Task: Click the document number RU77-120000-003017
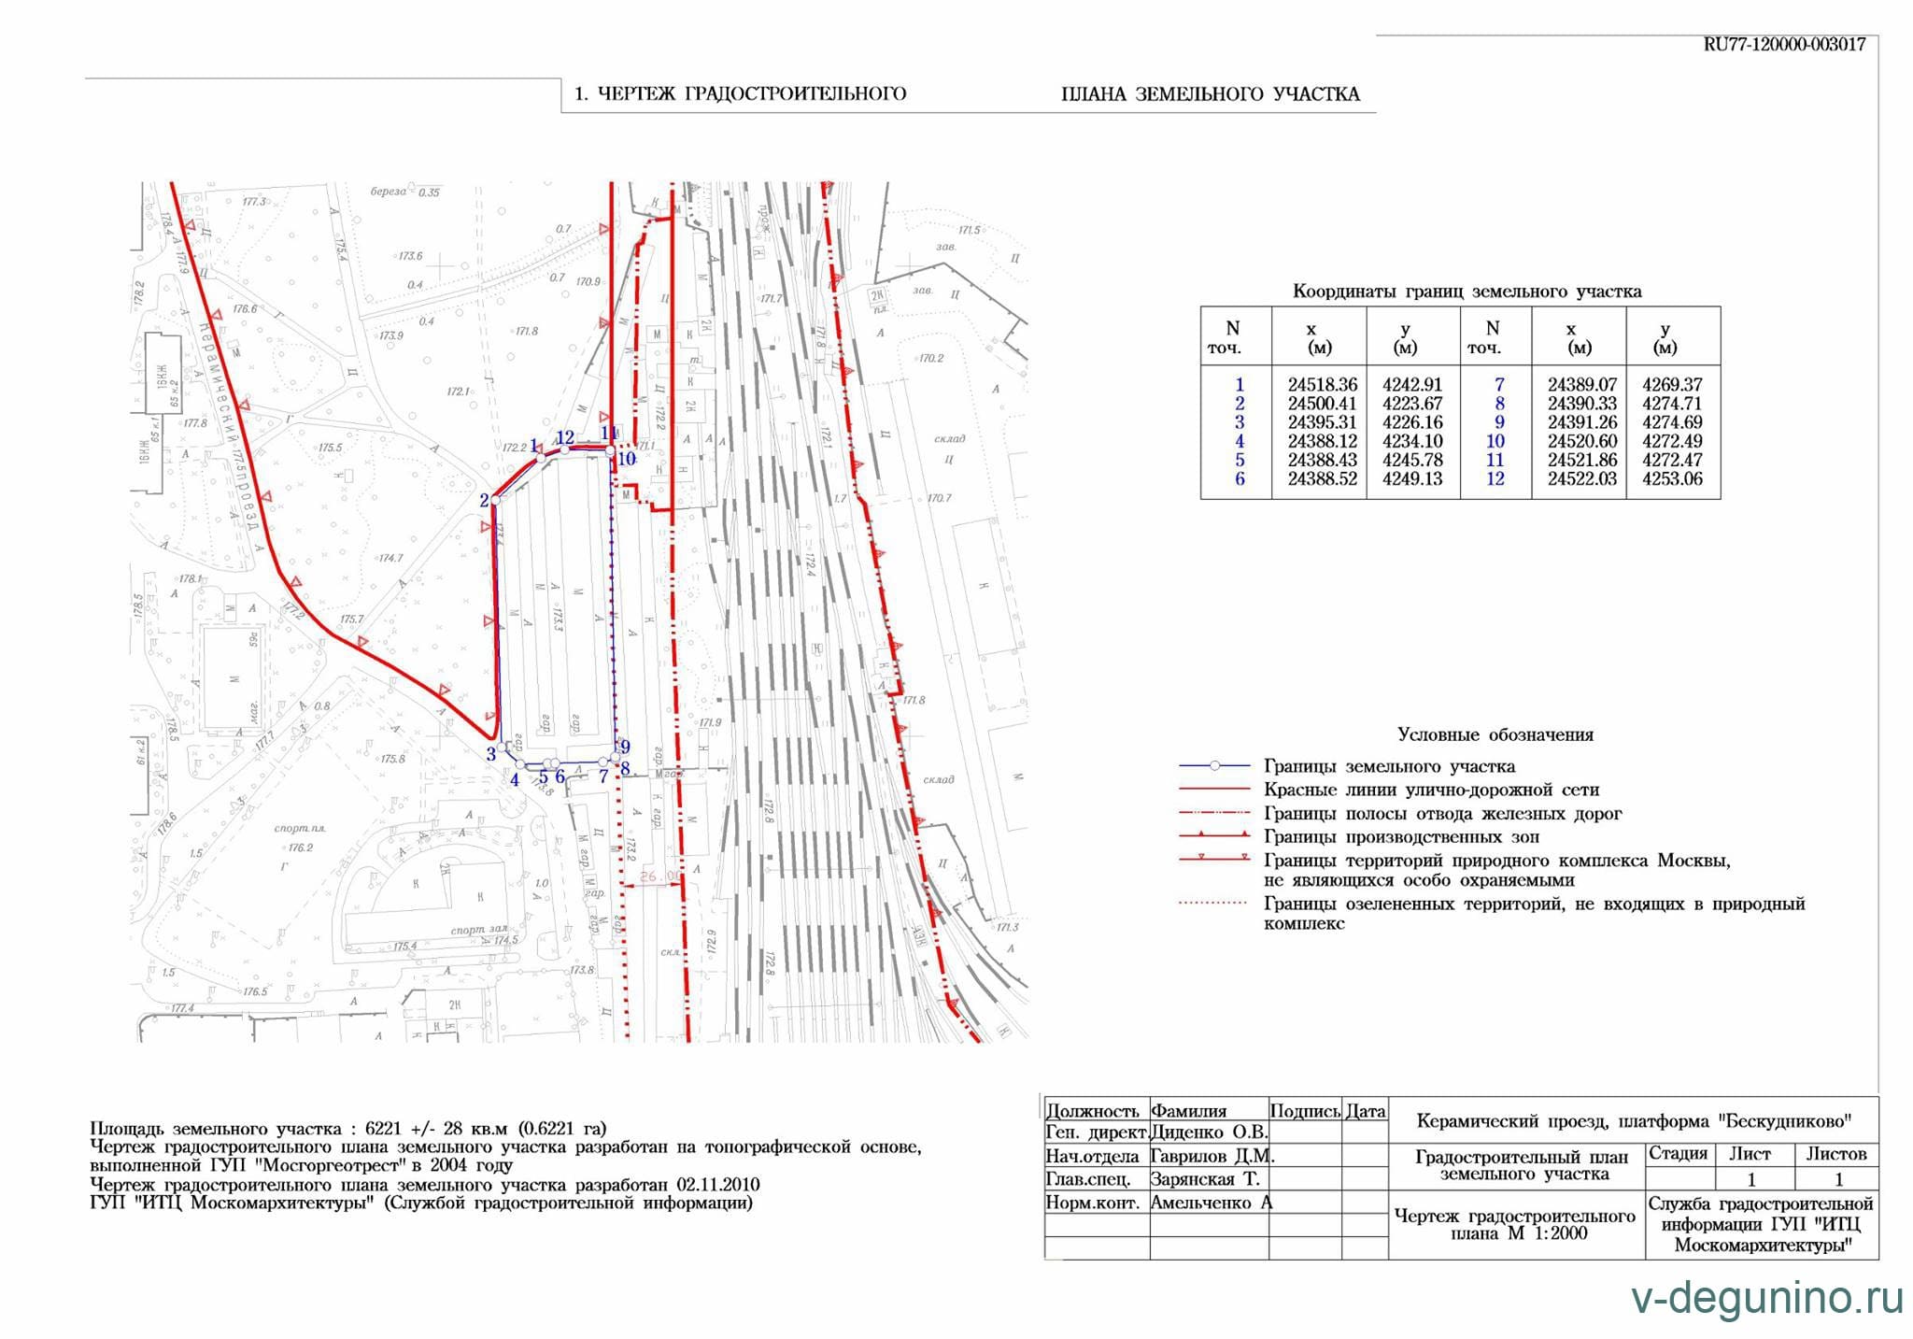coord(1784,45)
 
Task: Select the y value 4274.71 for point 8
coord(1672,404)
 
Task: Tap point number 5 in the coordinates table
coord(1240,461)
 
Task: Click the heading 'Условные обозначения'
coord(1495,734)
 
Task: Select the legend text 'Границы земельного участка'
coord(1389,766)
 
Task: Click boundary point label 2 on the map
coord(484,501)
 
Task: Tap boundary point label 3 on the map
coord(490,754)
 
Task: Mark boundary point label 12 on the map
coord(565,437)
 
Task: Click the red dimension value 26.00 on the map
coord(659,876)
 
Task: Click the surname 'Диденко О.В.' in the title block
coord(1209,1132)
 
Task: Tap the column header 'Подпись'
coord(1305,1111)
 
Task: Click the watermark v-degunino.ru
coord(1766,1299)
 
